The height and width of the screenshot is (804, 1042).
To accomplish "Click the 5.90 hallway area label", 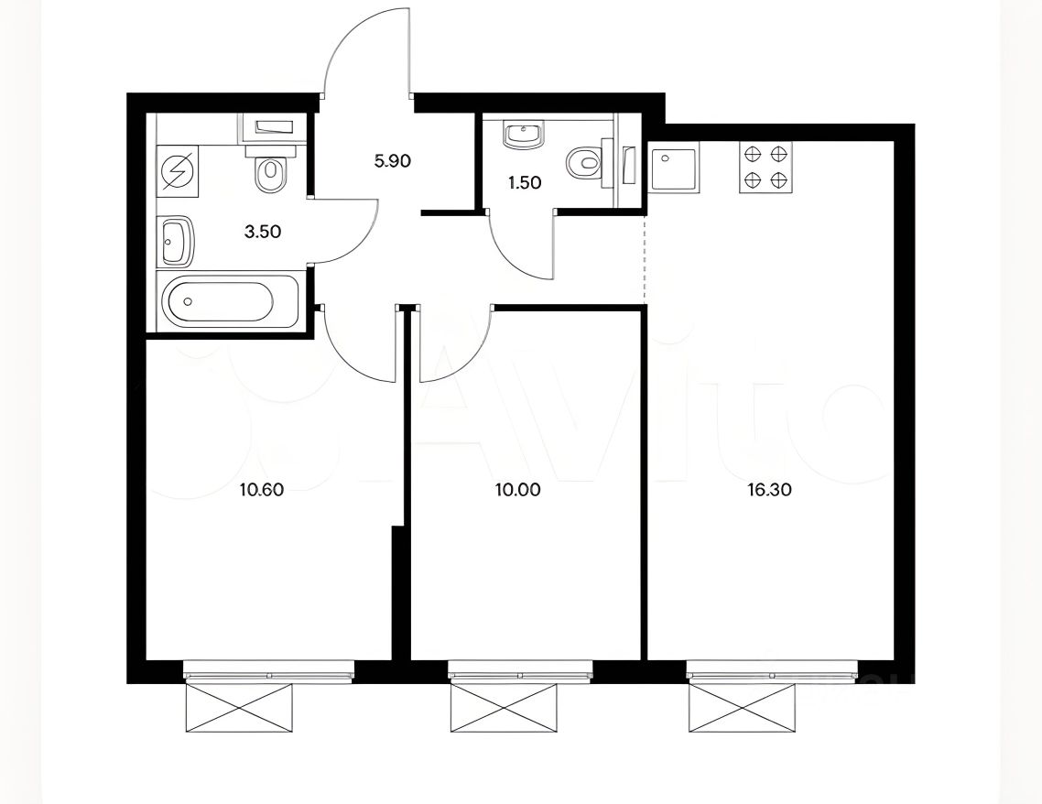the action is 393,161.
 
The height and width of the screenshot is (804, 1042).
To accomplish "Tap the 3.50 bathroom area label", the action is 263,232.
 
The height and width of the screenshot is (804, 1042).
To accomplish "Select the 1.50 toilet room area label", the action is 525,183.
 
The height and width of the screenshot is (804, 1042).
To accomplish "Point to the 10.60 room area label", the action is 262,491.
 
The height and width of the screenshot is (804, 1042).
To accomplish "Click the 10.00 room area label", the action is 517,491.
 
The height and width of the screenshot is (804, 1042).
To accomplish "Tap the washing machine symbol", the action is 179,171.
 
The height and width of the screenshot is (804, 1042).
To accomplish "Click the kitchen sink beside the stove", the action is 674,170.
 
